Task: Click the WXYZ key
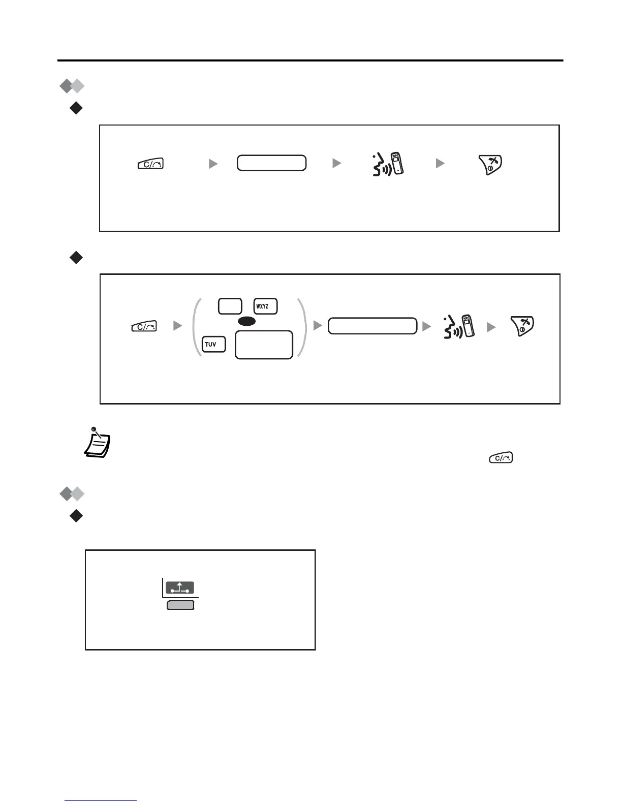[265, 306]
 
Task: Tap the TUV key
[213, 345]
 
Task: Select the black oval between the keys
[246, 322]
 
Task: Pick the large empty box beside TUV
[264, 345]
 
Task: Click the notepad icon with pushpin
[97, 441]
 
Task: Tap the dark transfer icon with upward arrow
[180, 589]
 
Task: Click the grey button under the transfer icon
[180, 605]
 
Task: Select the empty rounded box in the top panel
[271, 163]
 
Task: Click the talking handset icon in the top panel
[388, 163]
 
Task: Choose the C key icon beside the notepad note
[501, 458]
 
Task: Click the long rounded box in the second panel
[372, 326]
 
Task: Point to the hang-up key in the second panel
[522, 326]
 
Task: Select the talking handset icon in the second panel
[459, 326]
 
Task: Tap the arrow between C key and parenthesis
[177, 326]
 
